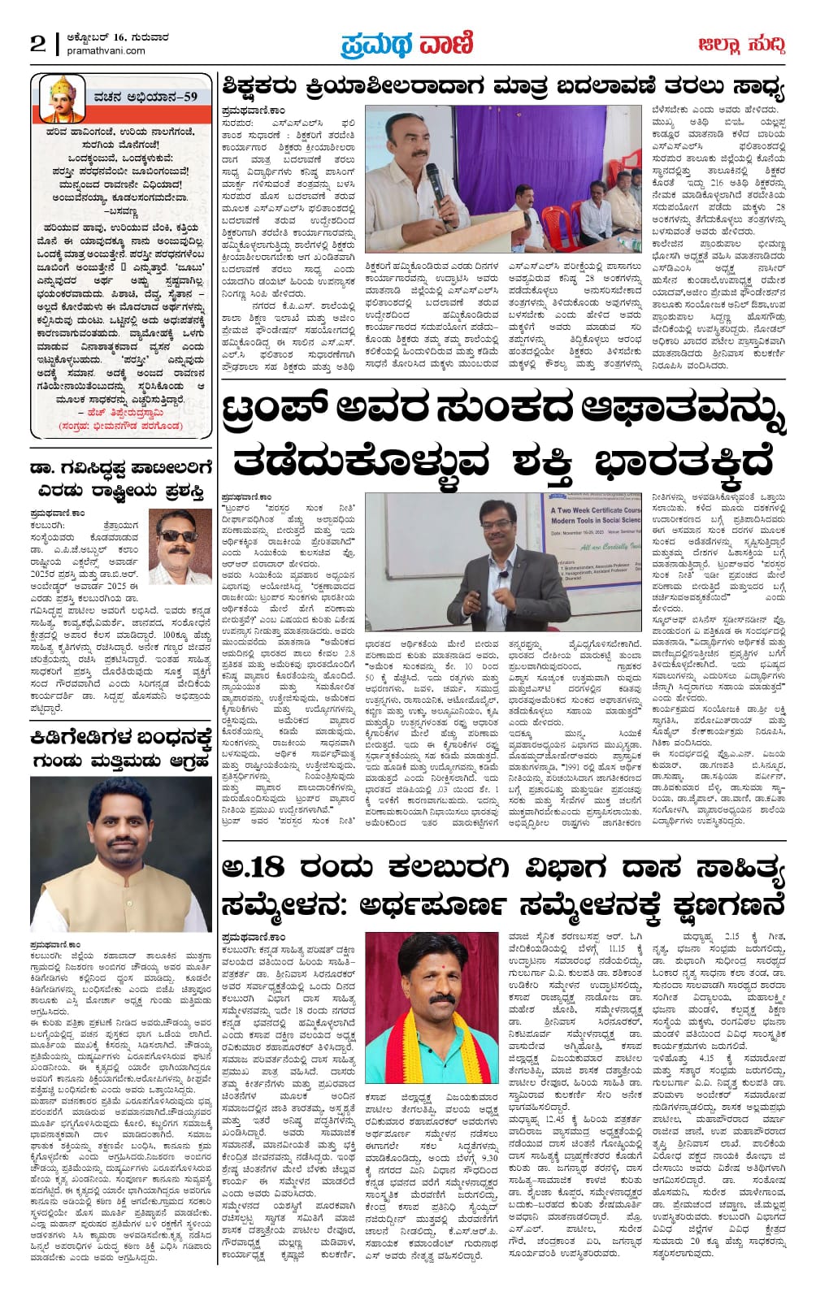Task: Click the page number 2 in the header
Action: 38,44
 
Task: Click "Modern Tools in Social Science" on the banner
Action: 597,520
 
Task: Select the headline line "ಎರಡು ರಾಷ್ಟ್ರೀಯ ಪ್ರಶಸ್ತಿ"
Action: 121,490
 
